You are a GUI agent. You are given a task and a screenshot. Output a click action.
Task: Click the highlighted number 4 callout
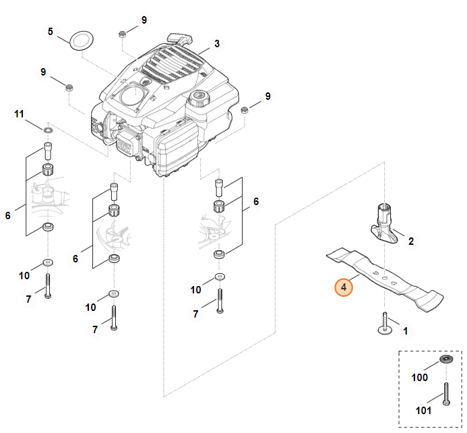pos(344,288)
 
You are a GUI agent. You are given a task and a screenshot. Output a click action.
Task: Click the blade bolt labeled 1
pos(385,324)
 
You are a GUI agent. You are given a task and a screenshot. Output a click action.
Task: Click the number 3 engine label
pos(217,44)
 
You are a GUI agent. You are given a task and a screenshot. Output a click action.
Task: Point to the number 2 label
pos(411,240)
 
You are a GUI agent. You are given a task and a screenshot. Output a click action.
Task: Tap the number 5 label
pos(50,31)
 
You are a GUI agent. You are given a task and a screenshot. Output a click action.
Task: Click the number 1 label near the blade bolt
pos(405,331)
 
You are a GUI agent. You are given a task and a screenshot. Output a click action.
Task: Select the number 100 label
pos(419,378)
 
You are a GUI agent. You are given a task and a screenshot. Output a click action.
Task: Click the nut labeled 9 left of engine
pos(69,86)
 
